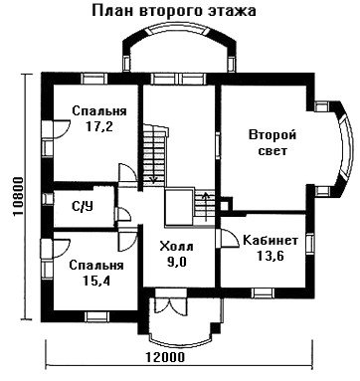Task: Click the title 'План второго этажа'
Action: [x=173, y=11]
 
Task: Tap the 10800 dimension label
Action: [x=17, y=197]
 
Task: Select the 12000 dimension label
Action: [x=165, y=357]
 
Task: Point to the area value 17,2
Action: [x=99, y=126]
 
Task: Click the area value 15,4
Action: [x=96, y=281]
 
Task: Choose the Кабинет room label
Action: [x=270, y=240]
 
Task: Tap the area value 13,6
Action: [x=270, y=256]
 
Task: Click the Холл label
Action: [x=176, y=247]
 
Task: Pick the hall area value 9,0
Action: [x=177, y=262]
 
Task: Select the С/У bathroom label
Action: [x=83, y=207]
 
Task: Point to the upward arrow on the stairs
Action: [x=206, y=206]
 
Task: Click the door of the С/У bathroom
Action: [x=124, y=214]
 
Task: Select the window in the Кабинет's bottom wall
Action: [x=262, y=292]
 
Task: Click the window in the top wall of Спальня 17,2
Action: [x=94, y=79]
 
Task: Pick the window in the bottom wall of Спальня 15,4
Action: [x=96, y=316]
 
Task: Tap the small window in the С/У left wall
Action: [x=48, y=199]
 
